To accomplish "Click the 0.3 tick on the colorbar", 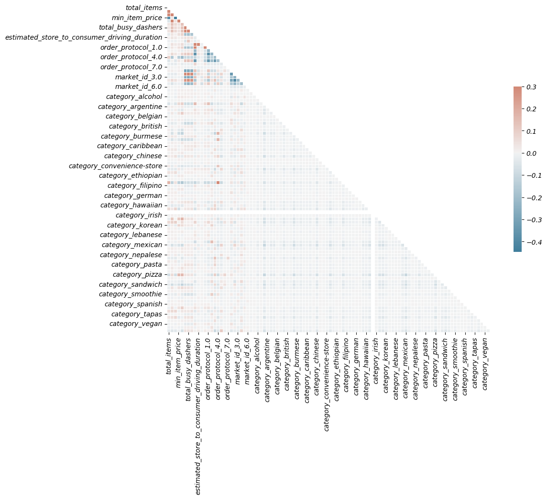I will tap(531, 87).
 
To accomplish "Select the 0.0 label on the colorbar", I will tap(531, 153).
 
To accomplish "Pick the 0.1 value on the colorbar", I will tap(531, 131).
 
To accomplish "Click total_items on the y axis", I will tap(143, 8).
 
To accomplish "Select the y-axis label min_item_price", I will tap(137, 18).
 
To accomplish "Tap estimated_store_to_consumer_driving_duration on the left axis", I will tap(84, 37).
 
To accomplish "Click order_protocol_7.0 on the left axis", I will tap(131, 67).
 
